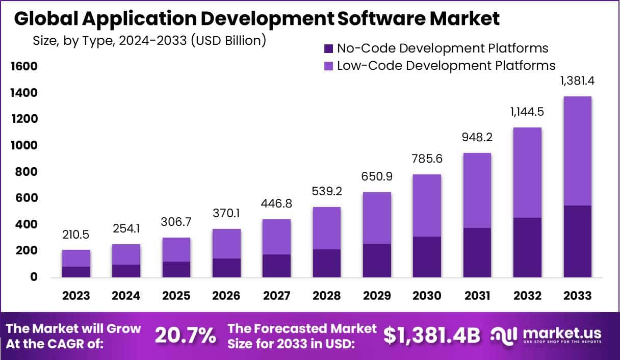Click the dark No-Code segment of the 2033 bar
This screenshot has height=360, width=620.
(x=578, y=241)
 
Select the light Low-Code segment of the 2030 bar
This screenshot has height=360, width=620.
(x=427, y=205)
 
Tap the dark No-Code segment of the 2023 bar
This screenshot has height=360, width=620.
(x=76, y=272)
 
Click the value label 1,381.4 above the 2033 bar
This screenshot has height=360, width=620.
(x=578, y=81)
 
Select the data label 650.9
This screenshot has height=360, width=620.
(x=377, y=176)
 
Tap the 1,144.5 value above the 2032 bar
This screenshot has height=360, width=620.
(x=527, y=112)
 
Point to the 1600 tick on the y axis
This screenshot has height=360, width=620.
(x=24, y=67)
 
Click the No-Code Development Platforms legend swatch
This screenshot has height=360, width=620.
(x=328, y=49)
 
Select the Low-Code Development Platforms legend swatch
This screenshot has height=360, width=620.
(x=328, y=66)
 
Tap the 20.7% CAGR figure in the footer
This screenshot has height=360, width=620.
(x=185, y=336)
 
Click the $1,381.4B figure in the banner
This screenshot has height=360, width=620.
(x=432, y=335)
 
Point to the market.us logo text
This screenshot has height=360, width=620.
(x=561, y=333)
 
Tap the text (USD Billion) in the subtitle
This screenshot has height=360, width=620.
(x=228, y=40)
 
